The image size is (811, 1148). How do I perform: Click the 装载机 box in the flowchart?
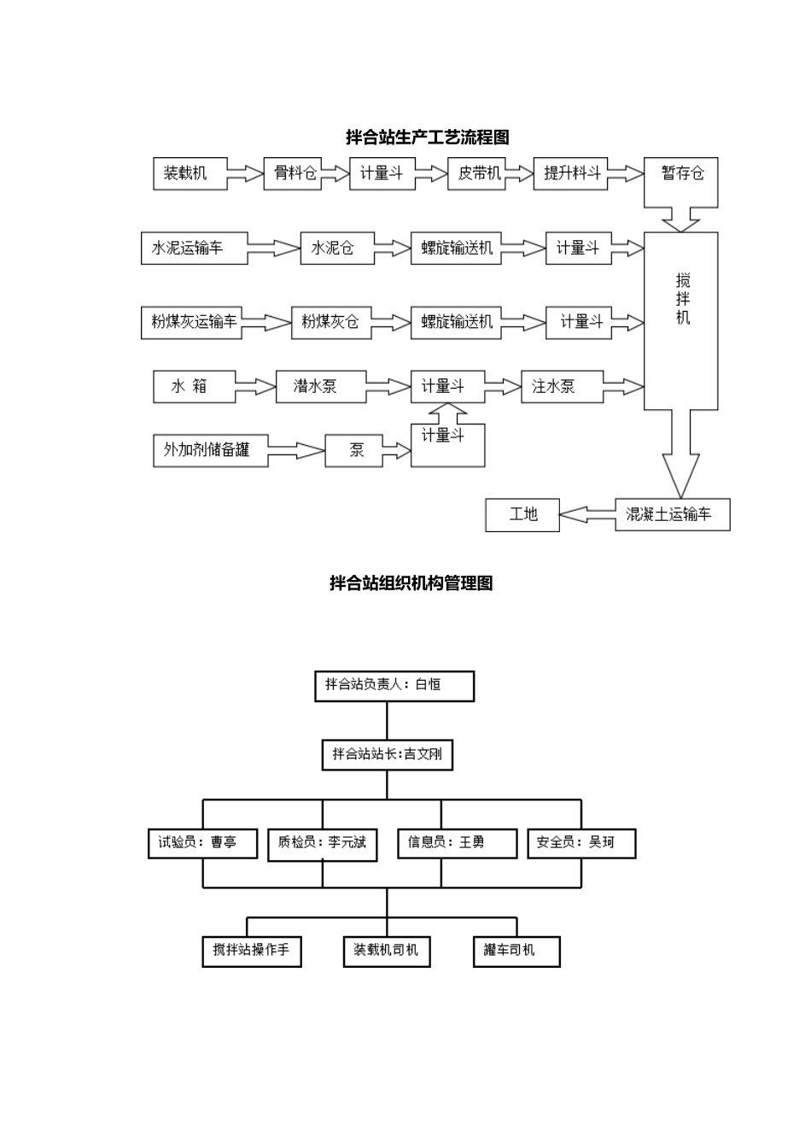pyautogui.click(x=190, y=173)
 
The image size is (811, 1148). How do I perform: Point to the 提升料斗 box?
pyautogui.click(x=570, y=173)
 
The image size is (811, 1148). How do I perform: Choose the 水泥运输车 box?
pyautogui.click(x=195, y=249)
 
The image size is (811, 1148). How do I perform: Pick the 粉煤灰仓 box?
pyautogui.click(x=329, y=322)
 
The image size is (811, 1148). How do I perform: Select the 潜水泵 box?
pyautogui.click(x=321, y=387)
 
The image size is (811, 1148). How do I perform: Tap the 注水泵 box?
pyautogui.click(x=562, y=387)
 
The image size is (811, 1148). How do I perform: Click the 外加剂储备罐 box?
pyautogui.click(x=211, y=450)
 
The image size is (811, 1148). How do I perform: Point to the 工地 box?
pyautogui.click(x=522, y=514)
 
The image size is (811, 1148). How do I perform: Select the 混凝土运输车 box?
pyautogui.click(x=672, y=514)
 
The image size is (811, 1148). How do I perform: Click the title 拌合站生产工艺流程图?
pyautogui.click(x=427, y=137)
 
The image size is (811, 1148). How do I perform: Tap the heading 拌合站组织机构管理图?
pyautogui.click(x=411, y=583)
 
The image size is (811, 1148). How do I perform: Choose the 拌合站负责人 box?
pyautogui.click(x=394, y=686)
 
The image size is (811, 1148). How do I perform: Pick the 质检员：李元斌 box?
pyautogui.click(x=322, y=843)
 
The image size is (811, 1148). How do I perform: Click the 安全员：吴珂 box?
pyautogui.click(x=581, y=843)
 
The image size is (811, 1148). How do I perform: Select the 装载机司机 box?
pyautogui.click(x=386, y=951)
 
